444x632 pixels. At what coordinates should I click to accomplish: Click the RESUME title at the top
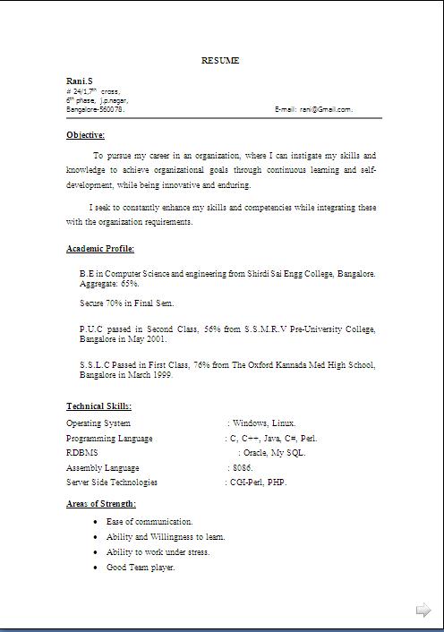click(x=220, y=61)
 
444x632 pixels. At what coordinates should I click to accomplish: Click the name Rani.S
click(x=79, y=81)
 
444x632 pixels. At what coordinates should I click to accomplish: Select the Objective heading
click(x=85, y=135)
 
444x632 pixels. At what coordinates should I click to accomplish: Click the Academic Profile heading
click(x=100, y=249)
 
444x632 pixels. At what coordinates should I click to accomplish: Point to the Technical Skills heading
click(x=98, y=406)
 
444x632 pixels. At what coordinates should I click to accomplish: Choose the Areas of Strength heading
click(x=101, y=504)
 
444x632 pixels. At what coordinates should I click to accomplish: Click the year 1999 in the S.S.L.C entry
click(x=161, y=375)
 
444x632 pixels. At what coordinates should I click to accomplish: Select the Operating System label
click(x=98, y=423)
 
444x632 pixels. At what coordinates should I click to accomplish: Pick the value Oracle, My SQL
click(x=275, y=453)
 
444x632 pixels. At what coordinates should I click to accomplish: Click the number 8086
click(x=243, y=468)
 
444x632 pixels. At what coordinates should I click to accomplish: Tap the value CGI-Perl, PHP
click(x=259, y=483)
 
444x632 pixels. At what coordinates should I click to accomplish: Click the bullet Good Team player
click(x=141, y=568)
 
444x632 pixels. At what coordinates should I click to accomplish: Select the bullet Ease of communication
click(x=149, y=521)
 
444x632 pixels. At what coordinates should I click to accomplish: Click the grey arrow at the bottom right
click(x=423, y=611)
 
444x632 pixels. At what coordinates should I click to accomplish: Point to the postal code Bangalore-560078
click(x=95, y=109)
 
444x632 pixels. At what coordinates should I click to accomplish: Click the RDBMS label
click(x=81, y=453)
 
